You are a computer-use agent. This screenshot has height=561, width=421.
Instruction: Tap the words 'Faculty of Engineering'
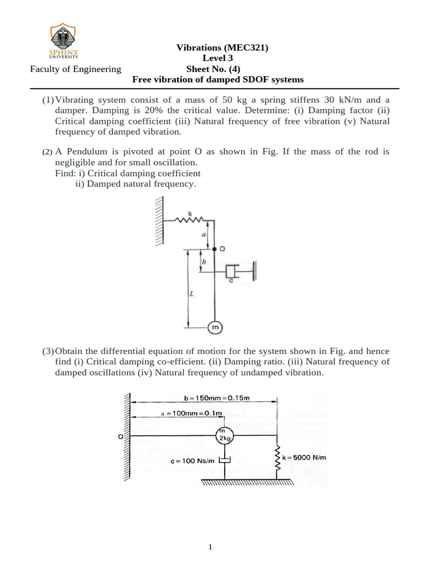(x=76, y=69)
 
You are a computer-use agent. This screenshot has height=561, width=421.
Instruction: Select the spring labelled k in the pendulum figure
(x=190, y=220)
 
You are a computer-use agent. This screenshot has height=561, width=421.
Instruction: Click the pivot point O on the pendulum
(x=215, y=249)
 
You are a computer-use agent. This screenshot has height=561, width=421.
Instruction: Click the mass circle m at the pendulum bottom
(x=215, y=328)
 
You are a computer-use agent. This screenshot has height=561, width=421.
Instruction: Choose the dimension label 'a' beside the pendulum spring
(x=204, y=234)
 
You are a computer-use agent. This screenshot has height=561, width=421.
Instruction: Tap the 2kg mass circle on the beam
(x=223, y=436)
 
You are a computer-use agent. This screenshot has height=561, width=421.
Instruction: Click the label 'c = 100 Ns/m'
(x=190, y=461)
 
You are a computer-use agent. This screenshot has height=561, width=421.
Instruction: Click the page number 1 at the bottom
(x=210, y=546)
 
